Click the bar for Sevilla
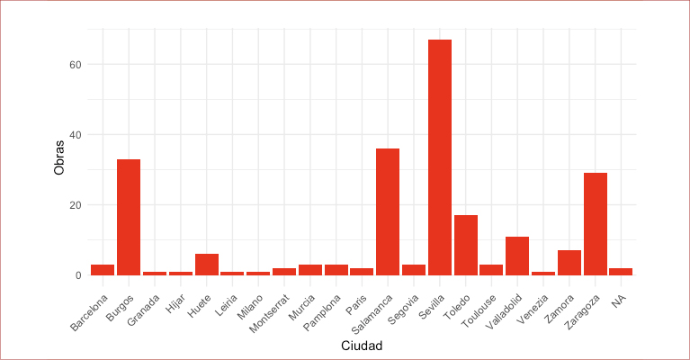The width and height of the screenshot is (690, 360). [x=440, y=157]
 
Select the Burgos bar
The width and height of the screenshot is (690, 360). [x=129, y=217]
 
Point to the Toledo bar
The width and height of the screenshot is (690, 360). [x=466, y=245]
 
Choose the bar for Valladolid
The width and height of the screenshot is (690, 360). [x=517, y=256]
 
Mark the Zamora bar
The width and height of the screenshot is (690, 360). [x=569, y=263]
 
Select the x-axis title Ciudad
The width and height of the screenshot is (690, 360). [x=362, y=346]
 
